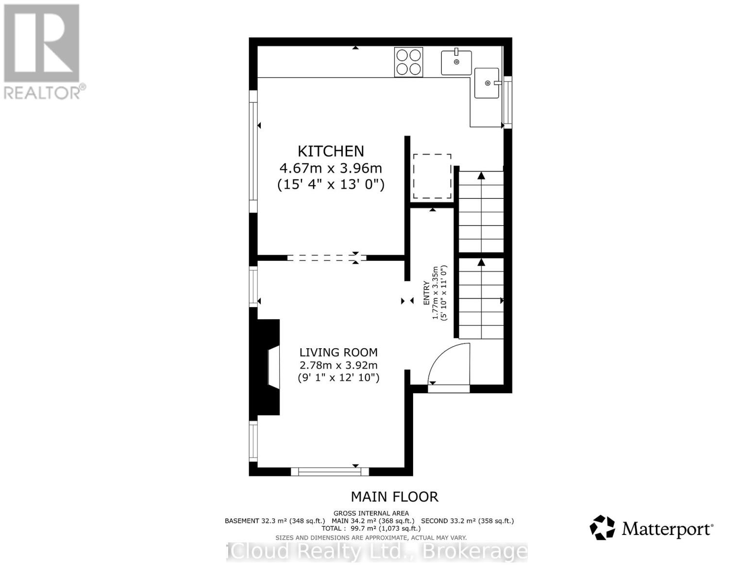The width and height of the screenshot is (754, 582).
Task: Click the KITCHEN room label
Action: (x=331, y=151)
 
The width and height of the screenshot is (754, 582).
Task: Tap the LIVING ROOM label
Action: (x=338, y=353)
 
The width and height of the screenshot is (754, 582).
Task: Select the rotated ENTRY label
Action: (x=426, y=293)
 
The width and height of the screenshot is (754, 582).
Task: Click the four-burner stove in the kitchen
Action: (x=408, y=62)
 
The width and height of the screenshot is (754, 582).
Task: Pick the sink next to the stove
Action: (x=456, y=62)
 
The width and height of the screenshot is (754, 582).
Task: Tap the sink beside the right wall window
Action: (x=486, y=83)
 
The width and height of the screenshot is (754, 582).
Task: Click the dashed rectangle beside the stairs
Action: (x=432, y=176)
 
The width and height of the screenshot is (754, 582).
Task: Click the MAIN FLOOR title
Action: (x=394, y=497)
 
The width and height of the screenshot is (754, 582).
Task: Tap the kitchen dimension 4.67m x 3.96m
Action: (x=331, y=168)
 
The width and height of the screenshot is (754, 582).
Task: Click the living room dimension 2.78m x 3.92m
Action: (x=338, y=365)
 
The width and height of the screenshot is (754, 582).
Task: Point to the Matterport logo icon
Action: (x=602, y=528)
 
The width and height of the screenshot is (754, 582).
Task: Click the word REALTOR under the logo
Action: (x=43, y=92)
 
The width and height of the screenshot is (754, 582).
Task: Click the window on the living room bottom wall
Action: (x=330, y=471)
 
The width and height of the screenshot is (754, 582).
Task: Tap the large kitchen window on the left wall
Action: (x=253, y=151)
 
